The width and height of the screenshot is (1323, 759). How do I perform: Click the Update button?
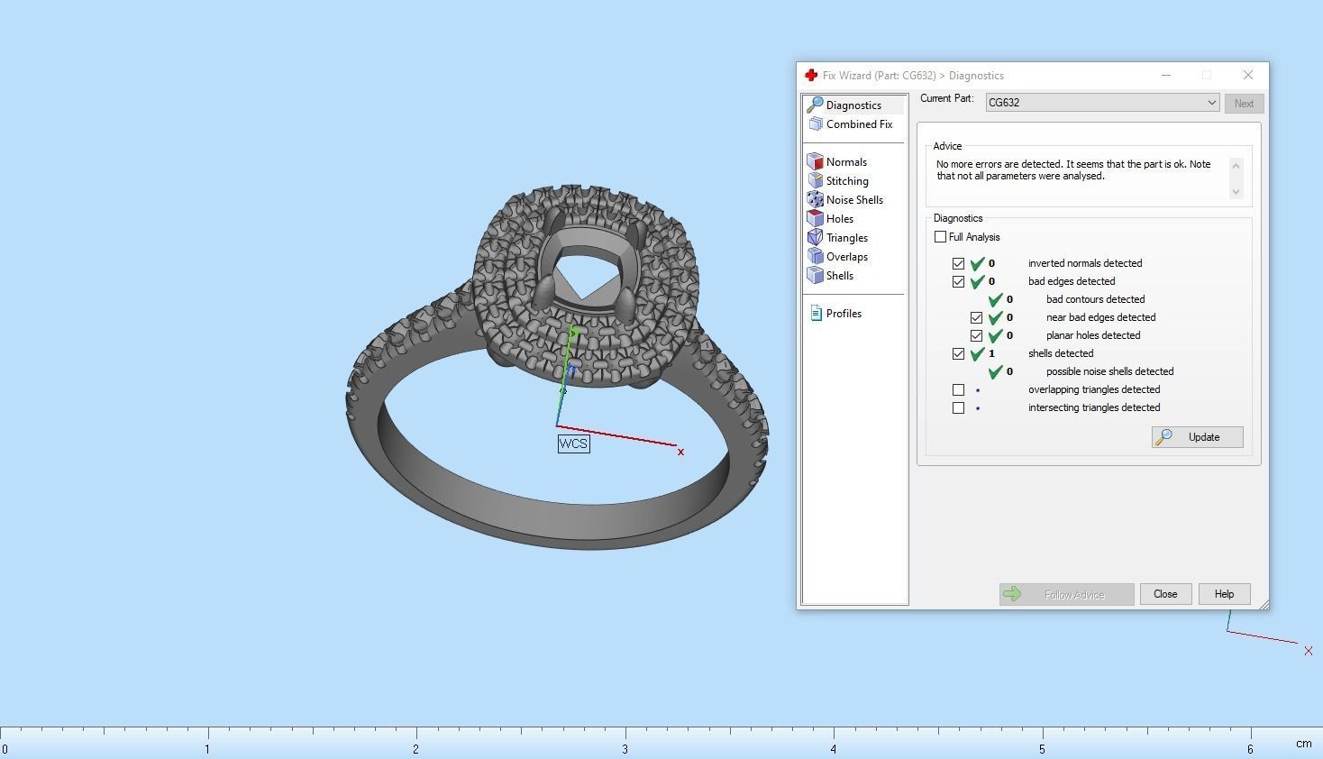pyautogui.click(x=1198, y=437)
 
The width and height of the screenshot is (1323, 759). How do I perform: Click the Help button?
pyautogui.click(x=1223, y=594)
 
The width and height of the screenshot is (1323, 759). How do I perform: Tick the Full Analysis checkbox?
pyautogui.click(x=941, y=237)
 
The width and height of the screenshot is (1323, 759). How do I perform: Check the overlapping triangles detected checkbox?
pyautogui.click(x=959, y=390)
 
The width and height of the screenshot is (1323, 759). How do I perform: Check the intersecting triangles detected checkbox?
pyautogui.click(x=959, y=408)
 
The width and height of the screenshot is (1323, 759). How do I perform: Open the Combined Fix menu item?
pyautogui.click(x=858, y=124)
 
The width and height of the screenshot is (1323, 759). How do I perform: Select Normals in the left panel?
pyautogui.click(x=845, y=162)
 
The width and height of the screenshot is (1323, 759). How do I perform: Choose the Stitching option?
pyautogui.click(x=846, y=181)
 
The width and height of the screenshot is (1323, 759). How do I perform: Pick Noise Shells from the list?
pyautogui.click(x=853, y=200)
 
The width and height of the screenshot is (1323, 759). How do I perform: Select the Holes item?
pyautogui.click(x=839, y=219)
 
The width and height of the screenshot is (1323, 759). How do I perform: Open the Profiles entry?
pyautogui.click(x=843, y=314)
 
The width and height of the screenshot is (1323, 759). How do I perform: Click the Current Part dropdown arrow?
pyautogui.click(x=1211, y=103)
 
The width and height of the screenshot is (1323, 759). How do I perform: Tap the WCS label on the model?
pyautogui.click(x=573, y=444)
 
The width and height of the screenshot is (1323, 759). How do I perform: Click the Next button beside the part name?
pyautogui.click(x=1244, y=104)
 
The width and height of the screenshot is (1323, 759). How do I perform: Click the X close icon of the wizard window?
pyautogui.click(x=1247, y=75)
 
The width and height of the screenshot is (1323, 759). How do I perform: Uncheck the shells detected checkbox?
pyautogui.click(x=959, y=354)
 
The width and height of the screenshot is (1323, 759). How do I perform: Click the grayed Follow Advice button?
pyautogui.click(x=1066, y=594)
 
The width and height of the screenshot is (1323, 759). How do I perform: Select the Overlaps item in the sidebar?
pyautogui.click(x=846, y=257)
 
